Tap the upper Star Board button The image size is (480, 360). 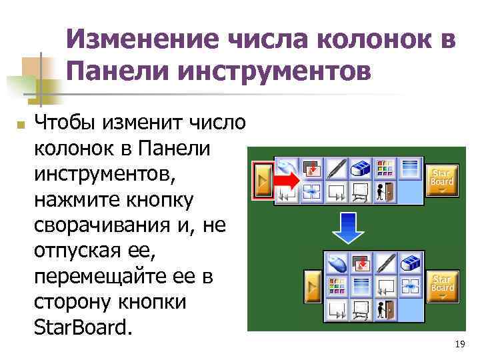pos(441,180)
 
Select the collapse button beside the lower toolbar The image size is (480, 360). pos(312,285)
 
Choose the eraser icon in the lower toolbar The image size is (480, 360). pos(412,263)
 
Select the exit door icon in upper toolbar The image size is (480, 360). pos(386,192)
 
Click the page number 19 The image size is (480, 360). pos(458,344)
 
